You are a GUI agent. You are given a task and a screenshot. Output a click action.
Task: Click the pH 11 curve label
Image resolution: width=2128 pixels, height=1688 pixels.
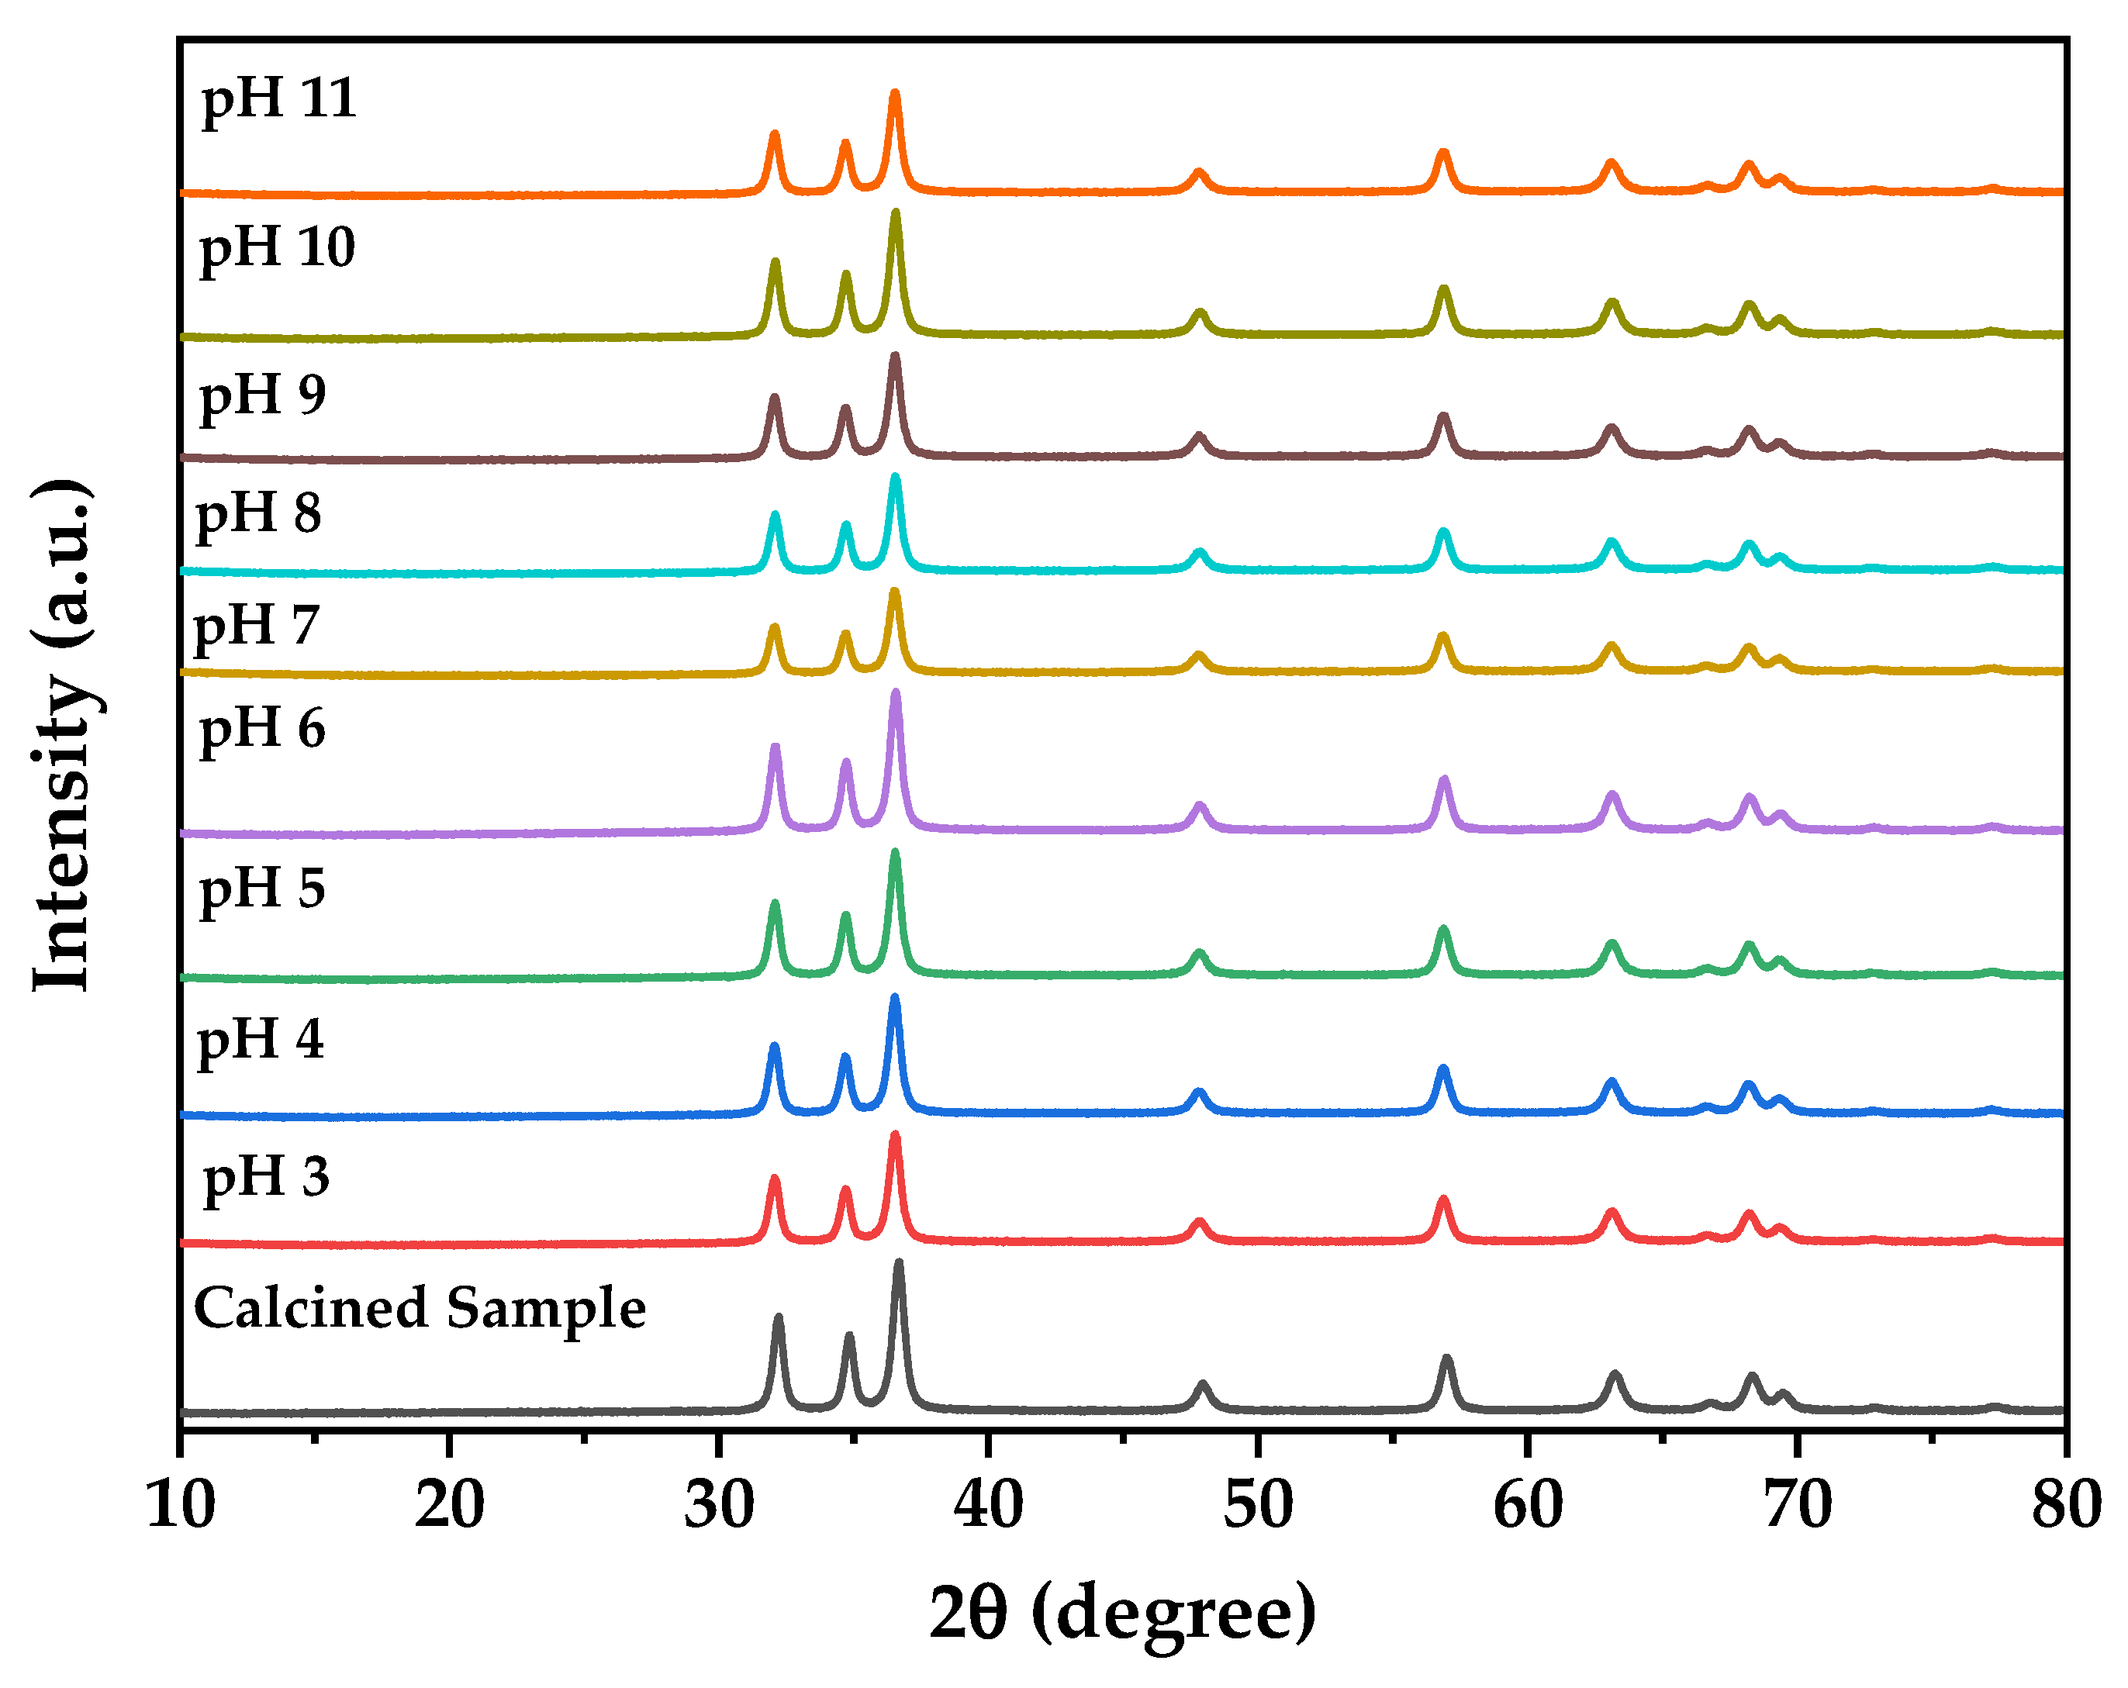tap(278, 101)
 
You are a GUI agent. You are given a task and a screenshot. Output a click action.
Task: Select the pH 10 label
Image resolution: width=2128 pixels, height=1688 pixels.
tap(278, 249)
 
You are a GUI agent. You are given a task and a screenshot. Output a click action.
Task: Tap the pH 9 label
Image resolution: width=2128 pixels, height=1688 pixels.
tap(263, 397)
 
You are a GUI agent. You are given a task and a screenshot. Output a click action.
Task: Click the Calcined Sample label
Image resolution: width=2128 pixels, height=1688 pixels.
tap(420, 1310)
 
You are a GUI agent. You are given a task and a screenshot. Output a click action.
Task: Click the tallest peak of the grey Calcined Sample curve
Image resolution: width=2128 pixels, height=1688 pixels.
tap(898, 1265)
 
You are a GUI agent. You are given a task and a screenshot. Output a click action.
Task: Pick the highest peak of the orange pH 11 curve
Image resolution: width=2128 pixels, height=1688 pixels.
tap(895, 95)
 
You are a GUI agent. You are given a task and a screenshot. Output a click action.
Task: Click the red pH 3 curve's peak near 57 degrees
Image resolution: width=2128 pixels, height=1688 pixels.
tap(1443, 1201)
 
